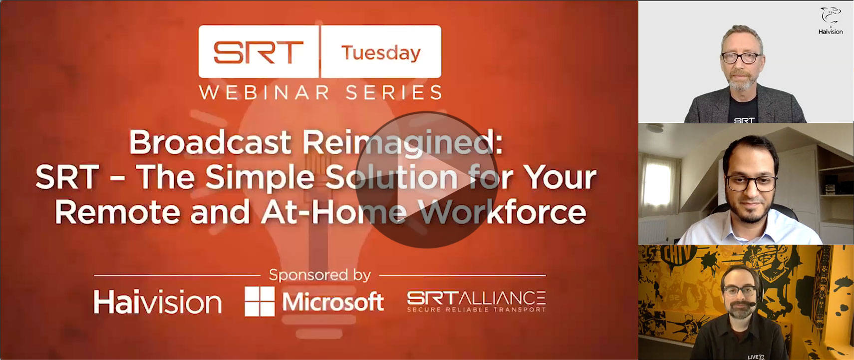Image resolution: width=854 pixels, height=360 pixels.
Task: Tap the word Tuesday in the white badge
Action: pyautogui.click(x=381, y=52)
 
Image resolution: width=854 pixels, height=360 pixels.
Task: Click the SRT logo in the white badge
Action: pyautogui.click(x=258, y=52)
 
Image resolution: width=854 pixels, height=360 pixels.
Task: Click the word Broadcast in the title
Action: pyautogui.click(x=210, y=142)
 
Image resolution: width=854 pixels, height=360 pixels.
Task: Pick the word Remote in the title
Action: pyautogui.click(x=118, y=212)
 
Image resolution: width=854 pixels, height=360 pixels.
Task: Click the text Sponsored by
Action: pyautogui.click(x=319, y=275)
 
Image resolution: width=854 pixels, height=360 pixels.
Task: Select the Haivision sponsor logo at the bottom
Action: pyautogui.click(x=157, y=302)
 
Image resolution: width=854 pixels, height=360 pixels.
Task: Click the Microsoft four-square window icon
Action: pyautogui.click(x=259, y=301)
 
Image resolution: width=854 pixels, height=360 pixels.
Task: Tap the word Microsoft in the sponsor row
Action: pyautogui.click(x=333, y=302)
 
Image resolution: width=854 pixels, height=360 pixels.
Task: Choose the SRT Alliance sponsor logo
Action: pyautogui.click(x=477, y=302)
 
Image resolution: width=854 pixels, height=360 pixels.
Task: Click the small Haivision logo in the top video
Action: pyautogui.click(x=831, y=21)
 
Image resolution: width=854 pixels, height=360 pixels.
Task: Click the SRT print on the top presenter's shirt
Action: pyautogui.click(x=744, y=120)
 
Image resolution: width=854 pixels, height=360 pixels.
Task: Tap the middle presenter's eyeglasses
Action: pyautogui.click(x=751, y=183)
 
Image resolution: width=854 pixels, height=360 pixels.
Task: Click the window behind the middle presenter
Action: pyautogui.click(x=656, y=185)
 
